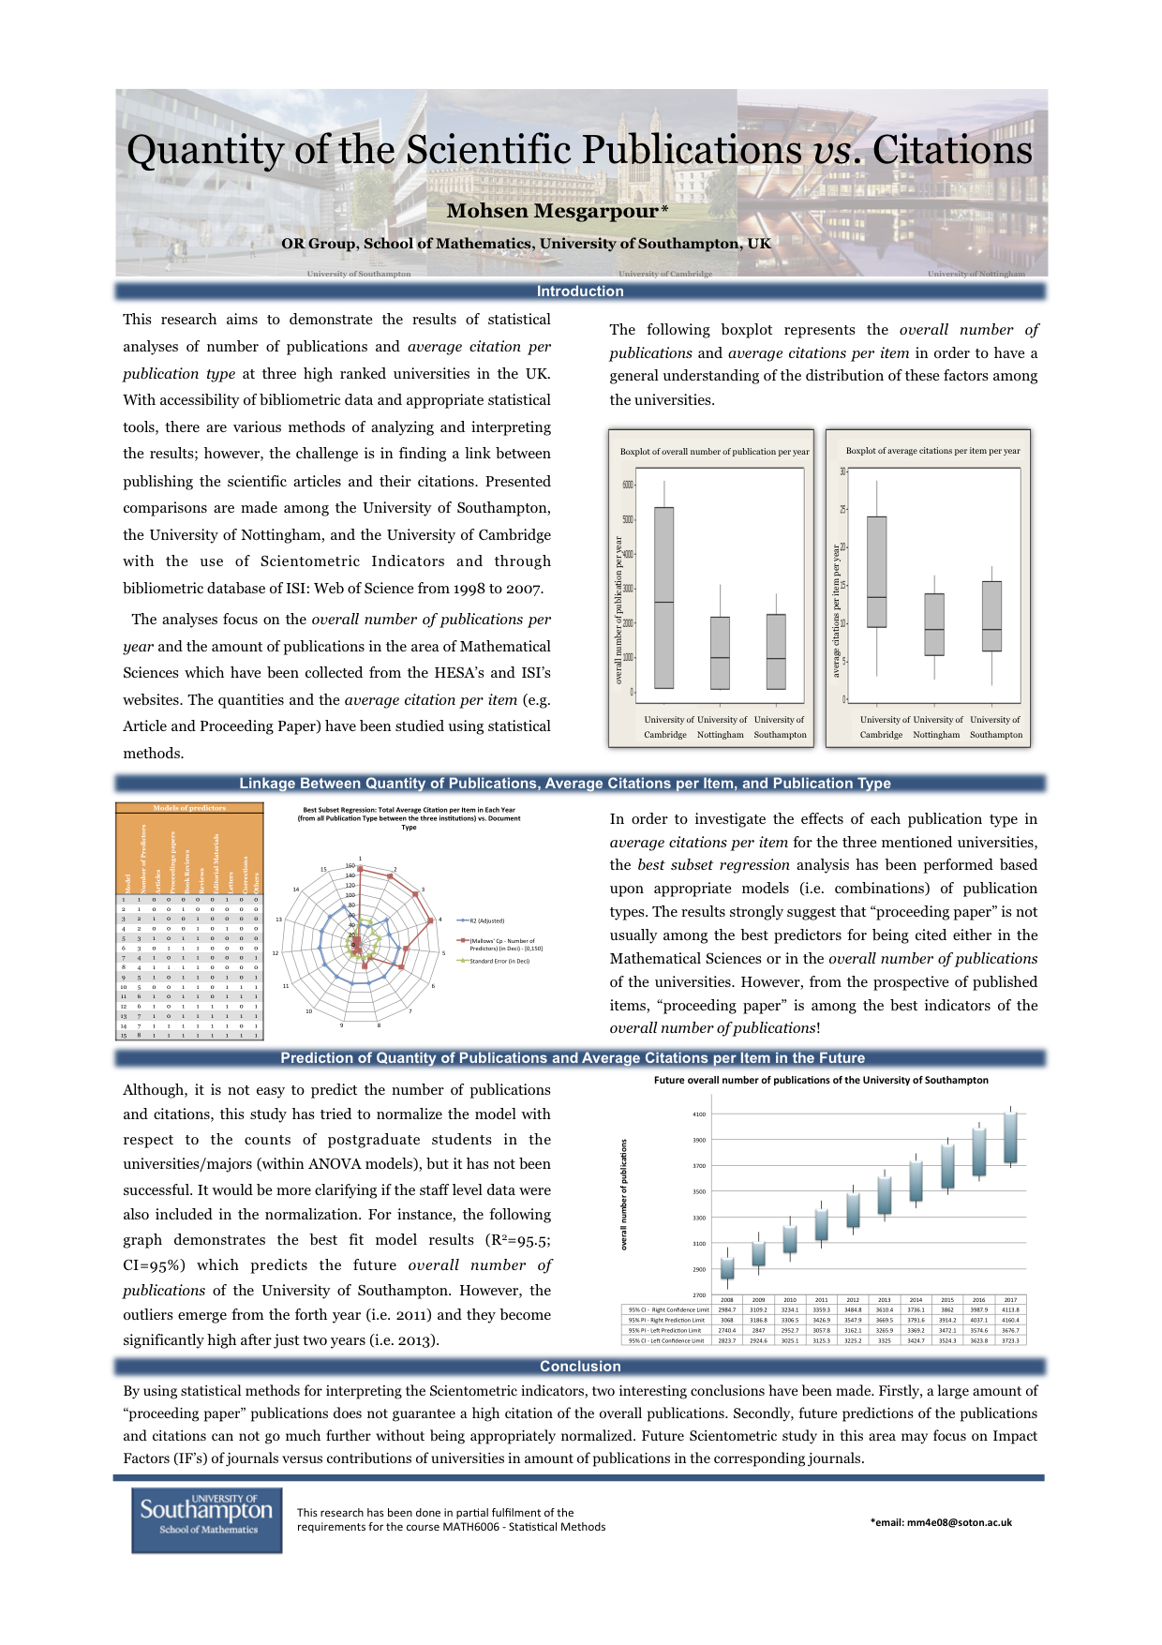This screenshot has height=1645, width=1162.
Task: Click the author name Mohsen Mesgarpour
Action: click(552, 211)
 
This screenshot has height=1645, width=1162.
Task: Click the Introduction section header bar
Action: click(580, 292)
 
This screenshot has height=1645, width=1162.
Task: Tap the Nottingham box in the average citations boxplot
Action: click(934, 624)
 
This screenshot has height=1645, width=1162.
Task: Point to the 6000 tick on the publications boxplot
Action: click(628, 485)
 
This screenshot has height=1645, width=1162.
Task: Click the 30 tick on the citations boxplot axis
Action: click(842, 471)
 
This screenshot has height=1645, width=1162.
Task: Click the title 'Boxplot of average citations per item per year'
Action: click(932, 451)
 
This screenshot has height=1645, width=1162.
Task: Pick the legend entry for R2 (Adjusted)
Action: click(485, 920)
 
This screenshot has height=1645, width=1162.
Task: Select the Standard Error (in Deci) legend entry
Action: click(498, 961)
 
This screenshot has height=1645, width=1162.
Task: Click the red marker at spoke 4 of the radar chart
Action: click(430, 920)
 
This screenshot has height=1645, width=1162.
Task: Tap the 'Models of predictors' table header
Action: click(189, 808)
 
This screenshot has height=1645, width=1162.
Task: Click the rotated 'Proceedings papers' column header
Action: click(172, 860)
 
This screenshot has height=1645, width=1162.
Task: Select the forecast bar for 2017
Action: click(1010, 1138)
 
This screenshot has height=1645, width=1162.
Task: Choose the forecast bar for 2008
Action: click(727, 1268)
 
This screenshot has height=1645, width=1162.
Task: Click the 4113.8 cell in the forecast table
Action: click(1010, 1309)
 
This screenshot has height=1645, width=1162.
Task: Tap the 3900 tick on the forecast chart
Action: click(699, 1141)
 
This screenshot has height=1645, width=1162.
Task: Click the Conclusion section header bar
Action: click(580, 1367)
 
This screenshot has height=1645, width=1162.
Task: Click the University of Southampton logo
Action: click(206, 1519)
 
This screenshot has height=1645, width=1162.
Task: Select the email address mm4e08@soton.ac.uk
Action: click(941, 1522)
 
